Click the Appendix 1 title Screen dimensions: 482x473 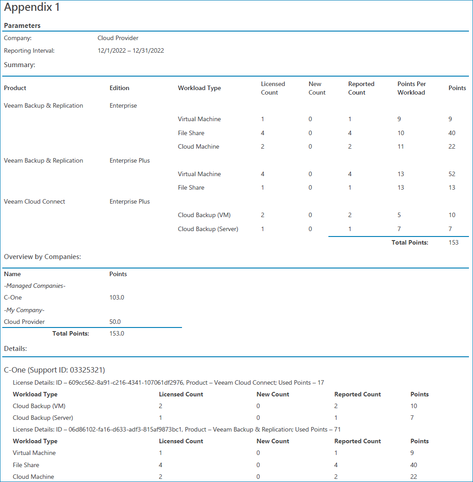pos(32,8)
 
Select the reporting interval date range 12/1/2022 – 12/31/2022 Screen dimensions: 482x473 pos(131,51)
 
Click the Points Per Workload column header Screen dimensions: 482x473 pos(411,88)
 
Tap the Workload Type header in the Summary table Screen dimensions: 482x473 pos(199,88)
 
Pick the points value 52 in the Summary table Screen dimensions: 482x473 pos(452,174)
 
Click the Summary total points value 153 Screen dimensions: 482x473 pos(453,243)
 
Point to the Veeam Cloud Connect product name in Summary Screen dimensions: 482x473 pos(35,202)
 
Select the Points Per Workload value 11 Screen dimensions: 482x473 pos(400,147)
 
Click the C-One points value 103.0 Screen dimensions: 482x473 pos(117,298)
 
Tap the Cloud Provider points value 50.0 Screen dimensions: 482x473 pos(115,322)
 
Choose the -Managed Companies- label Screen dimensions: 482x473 pos(35,286)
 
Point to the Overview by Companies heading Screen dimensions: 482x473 pos(42,257)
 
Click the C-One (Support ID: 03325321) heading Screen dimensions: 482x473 pos(55,370)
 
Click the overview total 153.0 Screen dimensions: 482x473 pos(117,334)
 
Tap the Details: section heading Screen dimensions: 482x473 pos(15,349)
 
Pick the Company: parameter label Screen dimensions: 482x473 pos(18,38)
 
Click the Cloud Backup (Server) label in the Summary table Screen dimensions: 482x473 pos(208,229)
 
